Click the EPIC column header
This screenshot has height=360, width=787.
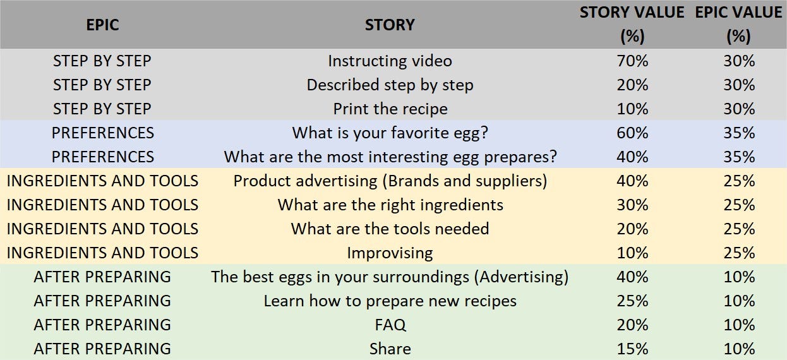[102, 25]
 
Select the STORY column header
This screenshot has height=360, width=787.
[390, 25]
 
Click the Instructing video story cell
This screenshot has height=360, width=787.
[390, 61]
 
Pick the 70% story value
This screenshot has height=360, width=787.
[632, 61]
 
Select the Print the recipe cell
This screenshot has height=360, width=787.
[390, 109]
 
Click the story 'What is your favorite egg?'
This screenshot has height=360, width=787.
[390, 133]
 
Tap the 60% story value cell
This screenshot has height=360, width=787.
[632, 133]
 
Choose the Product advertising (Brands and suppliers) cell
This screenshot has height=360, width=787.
[390, 181]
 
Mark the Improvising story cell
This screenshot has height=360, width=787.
[390, 253]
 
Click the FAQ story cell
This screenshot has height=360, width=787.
[390, 325]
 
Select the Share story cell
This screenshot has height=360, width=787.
[390, 349]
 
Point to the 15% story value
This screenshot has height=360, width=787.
[632, 349]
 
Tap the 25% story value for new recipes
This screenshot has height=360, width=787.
[632, 301]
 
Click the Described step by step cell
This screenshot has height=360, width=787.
[390, 85]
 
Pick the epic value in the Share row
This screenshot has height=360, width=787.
[740, 349]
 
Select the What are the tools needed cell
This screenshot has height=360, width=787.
[390, 229]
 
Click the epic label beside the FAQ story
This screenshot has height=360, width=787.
[102, 325]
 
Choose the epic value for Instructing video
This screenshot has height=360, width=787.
[740, 61]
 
